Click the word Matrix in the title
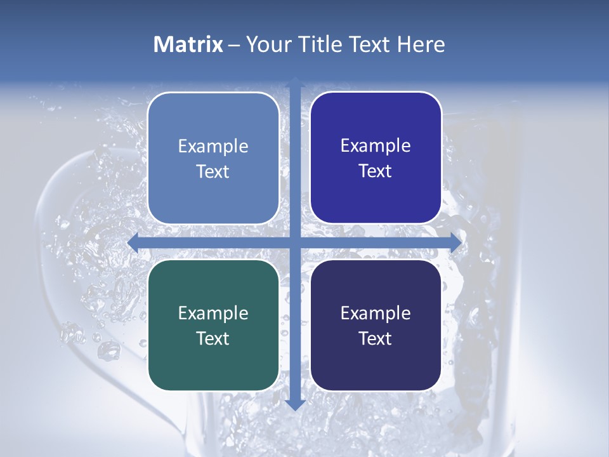[188, 44]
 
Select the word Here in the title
[421, 44]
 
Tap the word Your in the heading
[269, 44]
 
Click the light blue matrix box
[213, 158]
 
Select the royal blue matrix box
[376, 157]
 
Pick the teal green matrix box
[213, 325]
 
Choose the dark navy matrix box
[376, 325]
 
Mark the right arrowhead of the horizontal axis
[455, 242]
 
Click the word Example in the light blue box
[213, 147]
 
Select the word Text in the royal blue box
[376, 171]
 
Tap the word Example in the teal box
[213, 314]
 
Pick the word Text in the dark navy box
[376, 338]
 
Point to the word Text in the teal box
[213, 338]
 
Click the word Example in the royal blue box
[376, 146]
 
